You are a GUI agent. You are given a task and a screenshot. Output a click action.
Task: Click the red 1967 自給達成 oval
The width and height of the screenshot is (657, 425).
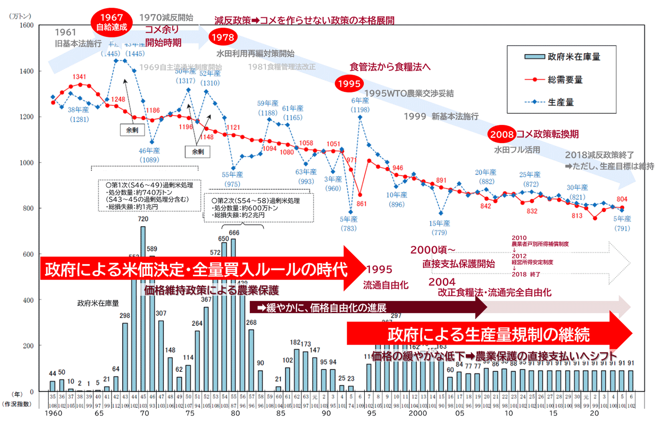[112, 22]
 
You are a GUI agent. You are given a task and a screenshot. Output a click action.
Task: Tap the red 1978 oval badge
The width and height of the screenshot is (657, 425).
[223, 37]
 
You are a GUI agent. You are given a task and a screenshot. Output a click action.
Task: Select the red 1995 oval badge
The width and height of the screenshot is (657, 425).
[349, 83]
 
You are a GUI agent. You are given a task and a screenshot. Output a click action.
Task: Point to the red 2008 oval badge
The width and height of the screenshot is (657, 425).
[502, 134]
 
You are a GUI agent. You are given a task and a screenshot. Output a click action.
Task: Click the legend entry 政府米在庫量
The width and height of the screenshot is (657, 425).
[562, 57]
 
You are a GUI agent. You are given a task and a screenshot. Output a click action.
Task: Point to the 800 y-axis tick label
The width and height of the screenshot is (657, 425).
[28, 209]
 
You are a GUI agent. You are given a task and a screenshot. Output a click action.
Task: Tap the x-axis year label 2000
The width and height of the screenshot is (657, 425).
[417, 413]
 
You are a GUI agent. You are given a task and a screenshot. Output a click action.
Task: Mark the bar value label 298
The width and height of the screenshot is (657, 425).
[125, 316]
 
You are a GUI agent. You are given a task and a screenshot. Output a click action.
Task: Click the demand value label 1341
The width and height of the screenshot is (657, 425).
[80, 77]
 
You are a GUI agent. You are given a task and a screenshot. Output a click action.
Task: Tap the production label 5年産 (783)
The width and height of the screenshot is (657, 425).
[348, 224]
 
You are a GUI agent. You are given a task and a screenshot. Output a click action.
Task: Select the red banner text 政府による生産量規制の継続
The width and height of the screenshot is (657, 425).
[488, 335]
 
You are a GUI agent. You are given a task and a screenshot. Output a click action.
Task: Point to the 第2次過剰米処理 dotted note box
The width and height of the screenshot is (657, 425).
[259, 207]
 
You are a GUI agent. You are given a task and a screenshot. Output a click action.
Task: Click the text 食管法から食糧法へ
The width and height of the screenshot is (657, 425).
[390, 67]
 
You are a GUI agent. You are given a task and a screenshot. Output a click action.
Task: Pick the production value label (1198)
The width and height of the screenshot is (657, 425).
[360, 110]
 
